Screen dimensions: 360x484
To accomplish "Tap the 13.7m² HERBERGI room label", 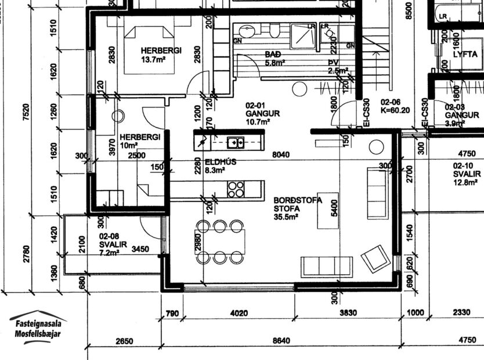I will pyautogui.click(x=161, y=55).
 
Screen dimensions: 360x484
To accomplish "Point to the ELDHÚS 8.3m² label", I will pyautogui.click(x=221, y=166).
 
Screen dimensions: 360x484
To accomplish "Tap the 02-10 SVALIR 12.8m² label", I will pyautogui.click(x=467, y=174).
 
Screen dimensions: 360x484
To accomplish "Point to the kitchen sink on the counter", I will pyautogui.click(x=235, y=141).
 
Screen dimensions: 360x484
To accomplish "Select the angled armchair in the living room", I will pyautogui.click(x=375, y=258).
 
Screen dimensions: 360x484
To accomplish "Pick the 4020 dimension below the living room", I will pyautogui.click(x=239, y=313).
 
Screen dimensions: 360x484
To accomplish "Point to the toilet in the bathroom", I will pyautogui.click(x=273, y=30).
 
